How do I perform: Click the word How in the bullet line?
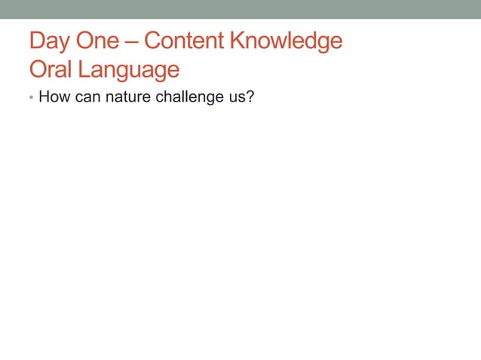point(54,97)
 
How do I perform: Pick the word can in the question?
point(87,97)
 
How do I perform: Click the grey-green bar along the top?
point(240,9)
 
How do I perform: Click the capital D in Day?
point(37,41)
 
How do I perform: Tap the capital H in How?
point(44,97)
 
